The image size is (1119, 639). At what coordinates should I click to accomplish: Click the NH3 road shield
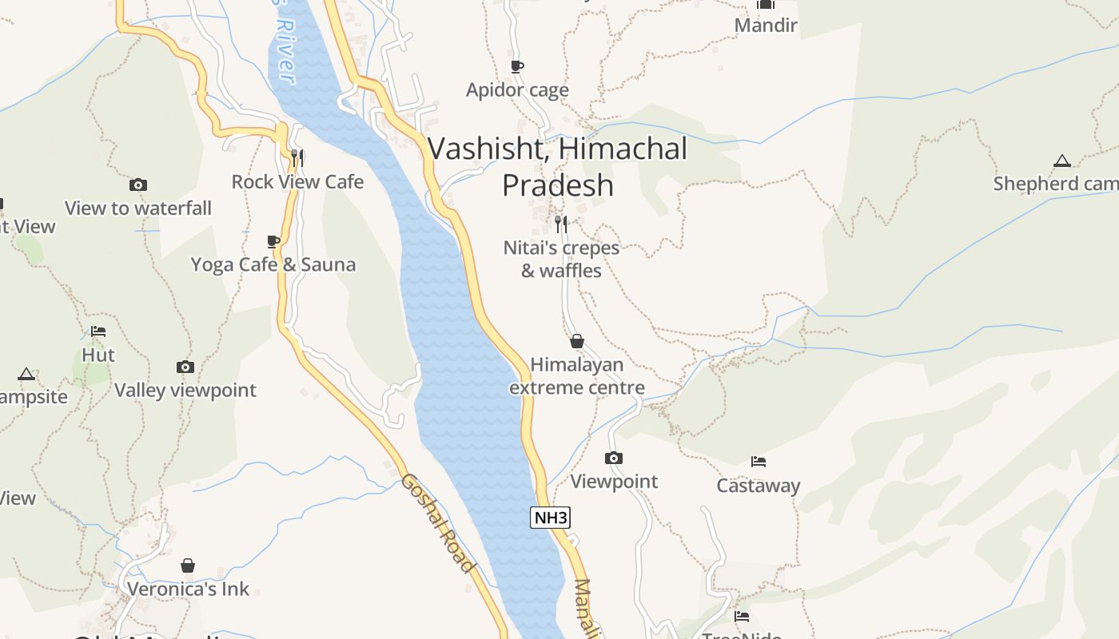click(550, 518)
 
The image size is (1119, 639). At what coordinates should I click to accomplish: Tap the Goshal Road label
click(437, 523)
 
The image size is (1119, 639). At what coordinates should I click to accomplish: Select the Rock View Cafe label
click(297, 182)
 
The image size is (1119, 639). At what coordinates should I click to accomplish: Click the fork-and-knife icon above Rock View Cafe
click(297, 157)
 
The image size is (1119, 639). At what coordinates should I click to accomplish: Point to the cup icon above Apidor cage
click(517, 66)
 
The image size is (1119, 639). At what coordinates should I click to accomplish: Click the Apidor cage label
click(517, 90)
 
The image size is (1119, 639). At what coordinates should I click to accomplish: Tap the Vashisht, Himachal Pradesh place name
click(558, 167)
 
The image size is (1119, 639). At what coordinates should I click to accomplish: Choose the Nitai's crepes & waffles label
click(561, 259)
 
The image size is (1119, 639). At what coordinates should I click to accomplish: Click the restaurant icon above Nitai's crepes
click(561, 224)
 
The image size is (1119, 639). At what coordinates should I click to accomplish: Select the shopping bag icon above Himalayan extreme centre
click(577, 342)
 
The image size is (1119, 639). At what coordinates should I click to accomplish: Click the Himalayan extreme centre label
click(577, 376)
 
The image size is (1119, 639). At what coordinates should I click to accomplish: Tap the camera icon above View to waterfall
click(138, 185)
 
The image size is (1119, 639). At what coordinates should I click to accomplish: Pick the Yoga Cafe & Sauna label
click(273, 264)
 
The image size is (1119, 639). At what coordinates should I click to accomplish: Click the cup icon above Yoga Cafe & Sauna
click(273, 241)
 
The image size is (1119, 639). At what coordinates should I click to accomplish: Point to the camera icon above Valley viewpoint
click(185, 367)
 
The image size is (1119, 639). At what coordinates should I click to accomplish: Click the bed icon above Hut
click(98, 331)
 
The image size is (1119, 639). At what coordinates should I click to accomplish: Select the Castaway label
click(758, 486)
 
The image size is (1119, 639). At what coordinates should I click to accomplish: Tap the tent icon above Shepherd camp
click(1061, 161)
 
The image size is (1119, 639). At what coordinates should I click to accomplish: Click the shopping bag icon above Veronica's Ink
click(188, 566)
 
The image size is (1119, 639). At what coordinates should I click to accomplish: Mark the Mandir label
click(766, 26)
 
